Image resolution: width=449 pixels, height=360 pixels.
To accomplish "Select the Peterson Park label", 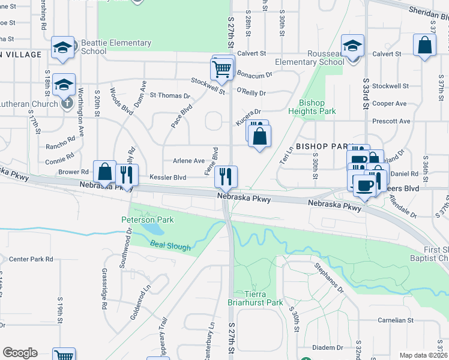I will tap(148, 220).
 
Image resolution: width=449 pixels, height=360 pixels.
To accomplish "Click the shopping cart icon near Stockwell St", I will tap(222, 68).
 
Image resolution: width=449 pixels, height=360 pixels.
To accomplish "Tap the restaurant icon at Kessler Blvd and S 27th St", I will tap(226, 176).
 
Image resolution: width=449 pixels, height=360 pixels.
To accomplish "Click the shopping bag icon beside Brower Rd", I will tap(104, 172).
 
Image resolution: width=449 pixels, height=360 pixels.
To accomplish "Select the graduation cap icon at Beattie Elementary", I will tap(62, 47).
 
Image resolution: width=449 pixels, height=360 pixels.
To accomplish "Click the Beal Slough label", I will tap(170, 247).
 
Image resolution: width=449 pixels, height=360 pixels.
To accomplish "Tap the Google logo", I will tap(20, 353).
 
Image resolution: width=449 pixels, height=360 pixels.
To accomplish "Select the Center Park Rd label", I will tap(31, 259).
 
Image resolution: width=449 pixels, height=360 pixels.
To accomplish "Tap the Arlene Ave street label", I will tap(188, 161).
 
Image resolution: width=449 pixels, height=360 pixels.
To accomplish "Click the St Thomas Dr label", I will tap(170, 95).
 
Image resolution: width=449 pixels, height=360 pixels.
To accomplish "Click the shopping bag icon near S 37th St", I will tap(424, 46).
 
